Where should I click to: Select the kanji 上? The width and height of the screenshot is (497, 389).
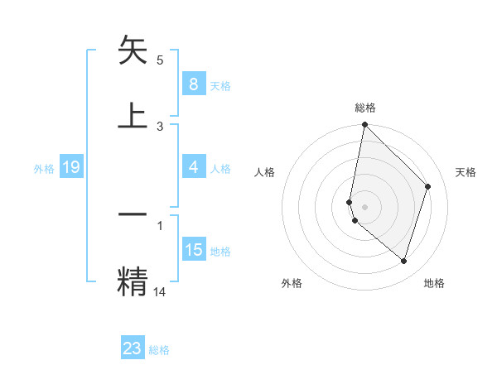[133, 114]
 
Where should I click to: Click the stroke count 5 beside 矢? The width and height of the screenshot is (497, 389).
[160, 60]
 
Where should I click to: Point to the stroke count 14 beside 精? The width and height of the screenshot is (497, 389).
[160, 291]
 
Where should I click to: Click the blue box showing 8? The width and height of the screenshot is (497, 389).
[193, 84]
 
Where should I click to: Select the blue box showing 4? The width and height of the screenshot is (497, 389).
[193, 167]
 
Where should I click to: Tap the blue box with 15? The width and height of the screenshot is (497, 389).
[193, 250]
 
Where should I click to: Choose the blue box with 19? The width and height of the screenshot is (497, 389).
[70, 168]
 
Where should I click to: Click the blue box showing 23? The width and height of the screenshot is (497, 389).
[133, 348]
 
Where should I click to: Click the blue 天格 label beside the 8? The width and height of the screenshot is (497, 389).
[220, 85]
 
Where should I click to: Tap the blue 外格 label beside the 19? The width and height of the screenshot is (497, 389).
[44, 169]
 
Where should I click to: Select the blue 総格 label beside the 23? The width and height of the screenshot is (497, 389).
[159, 350]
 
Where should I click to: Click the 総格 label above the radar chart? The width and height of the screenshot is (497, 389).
[364, 108]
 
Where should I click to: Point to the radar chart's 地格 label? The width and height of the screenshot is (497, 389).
[434, 283]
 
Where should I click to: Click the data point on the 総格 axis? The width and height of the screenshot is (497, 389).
[364, 124]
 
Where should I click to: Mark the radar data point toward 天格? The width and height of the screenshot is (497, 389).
[428, 186]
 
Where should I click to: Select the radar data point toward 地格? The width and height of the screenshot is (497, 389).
[403, 261]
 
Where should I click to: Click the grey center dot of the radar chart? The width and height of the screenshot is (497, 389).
[364, 207]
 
